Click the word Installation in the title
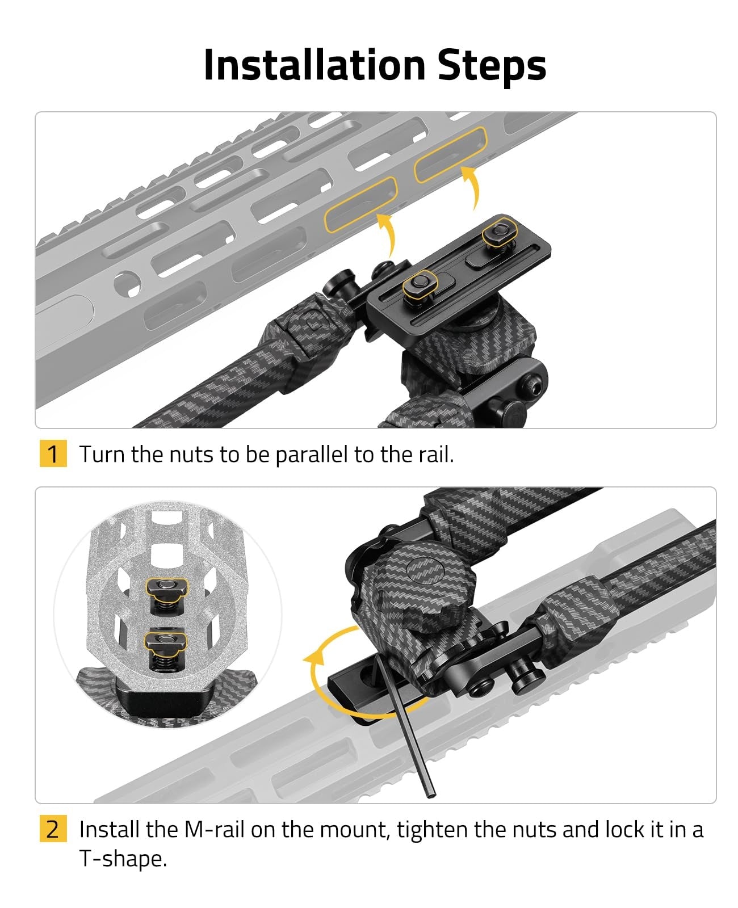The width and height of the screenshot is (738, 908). pos(315,65)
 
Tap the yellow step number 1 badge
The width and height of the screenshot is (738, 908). pos(53,453)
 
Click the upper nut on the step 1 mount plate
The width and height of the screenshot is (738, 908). pos(499,232)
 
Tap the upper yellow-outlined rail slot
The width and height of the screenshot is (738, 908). pos(451,154)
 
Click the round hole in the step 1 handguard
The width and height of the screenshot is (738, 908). pos(128,284)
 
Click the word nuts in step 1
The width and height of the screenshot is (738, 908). pos(191,455)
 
